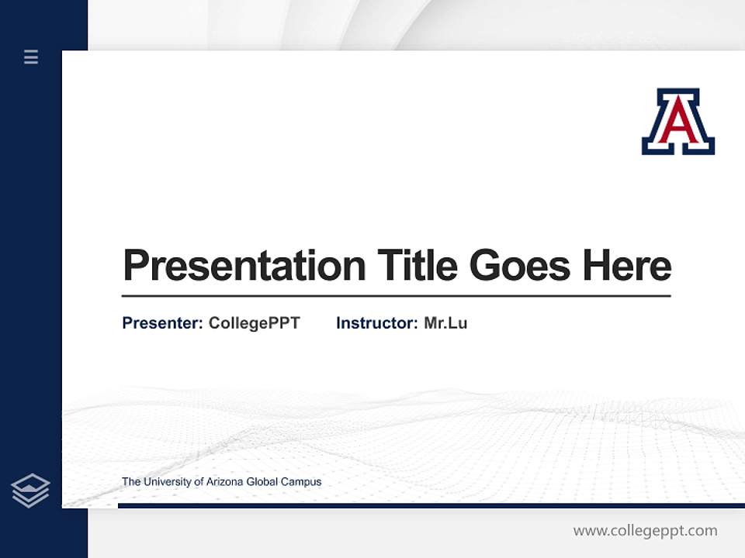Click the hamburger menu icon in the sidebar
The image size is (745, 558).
[x=31, y=57]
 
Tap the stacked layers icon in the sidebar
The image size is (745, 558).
[x=30, y=491]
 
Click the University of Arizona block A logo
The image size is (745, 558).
[x=677, y=122]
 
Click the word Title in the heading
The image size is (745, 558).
[x=418, y=265]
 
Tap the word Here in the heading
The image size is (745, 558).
[x=627, y=265]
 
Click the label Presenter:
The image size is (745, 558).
[x=162, y=323]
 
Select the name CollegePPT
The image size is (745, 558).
[x=254, y=323]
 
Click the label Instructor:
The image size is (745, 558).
[x=376, y=323]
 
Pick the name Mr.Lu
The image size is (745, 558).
[x=445, y=323]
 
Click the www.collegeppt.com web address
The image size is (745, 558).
[x=645, y=531]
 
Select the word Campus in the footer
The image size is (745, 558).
[x=302, y=482]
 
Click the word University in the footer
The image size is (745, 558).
[x=168, y=482]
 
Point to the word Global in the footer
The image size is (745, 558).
[x=264, y=482]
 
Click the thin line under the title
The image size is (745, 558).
[x=396, y=295]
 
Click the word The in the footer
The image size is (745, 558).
[x=130, y=482]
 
